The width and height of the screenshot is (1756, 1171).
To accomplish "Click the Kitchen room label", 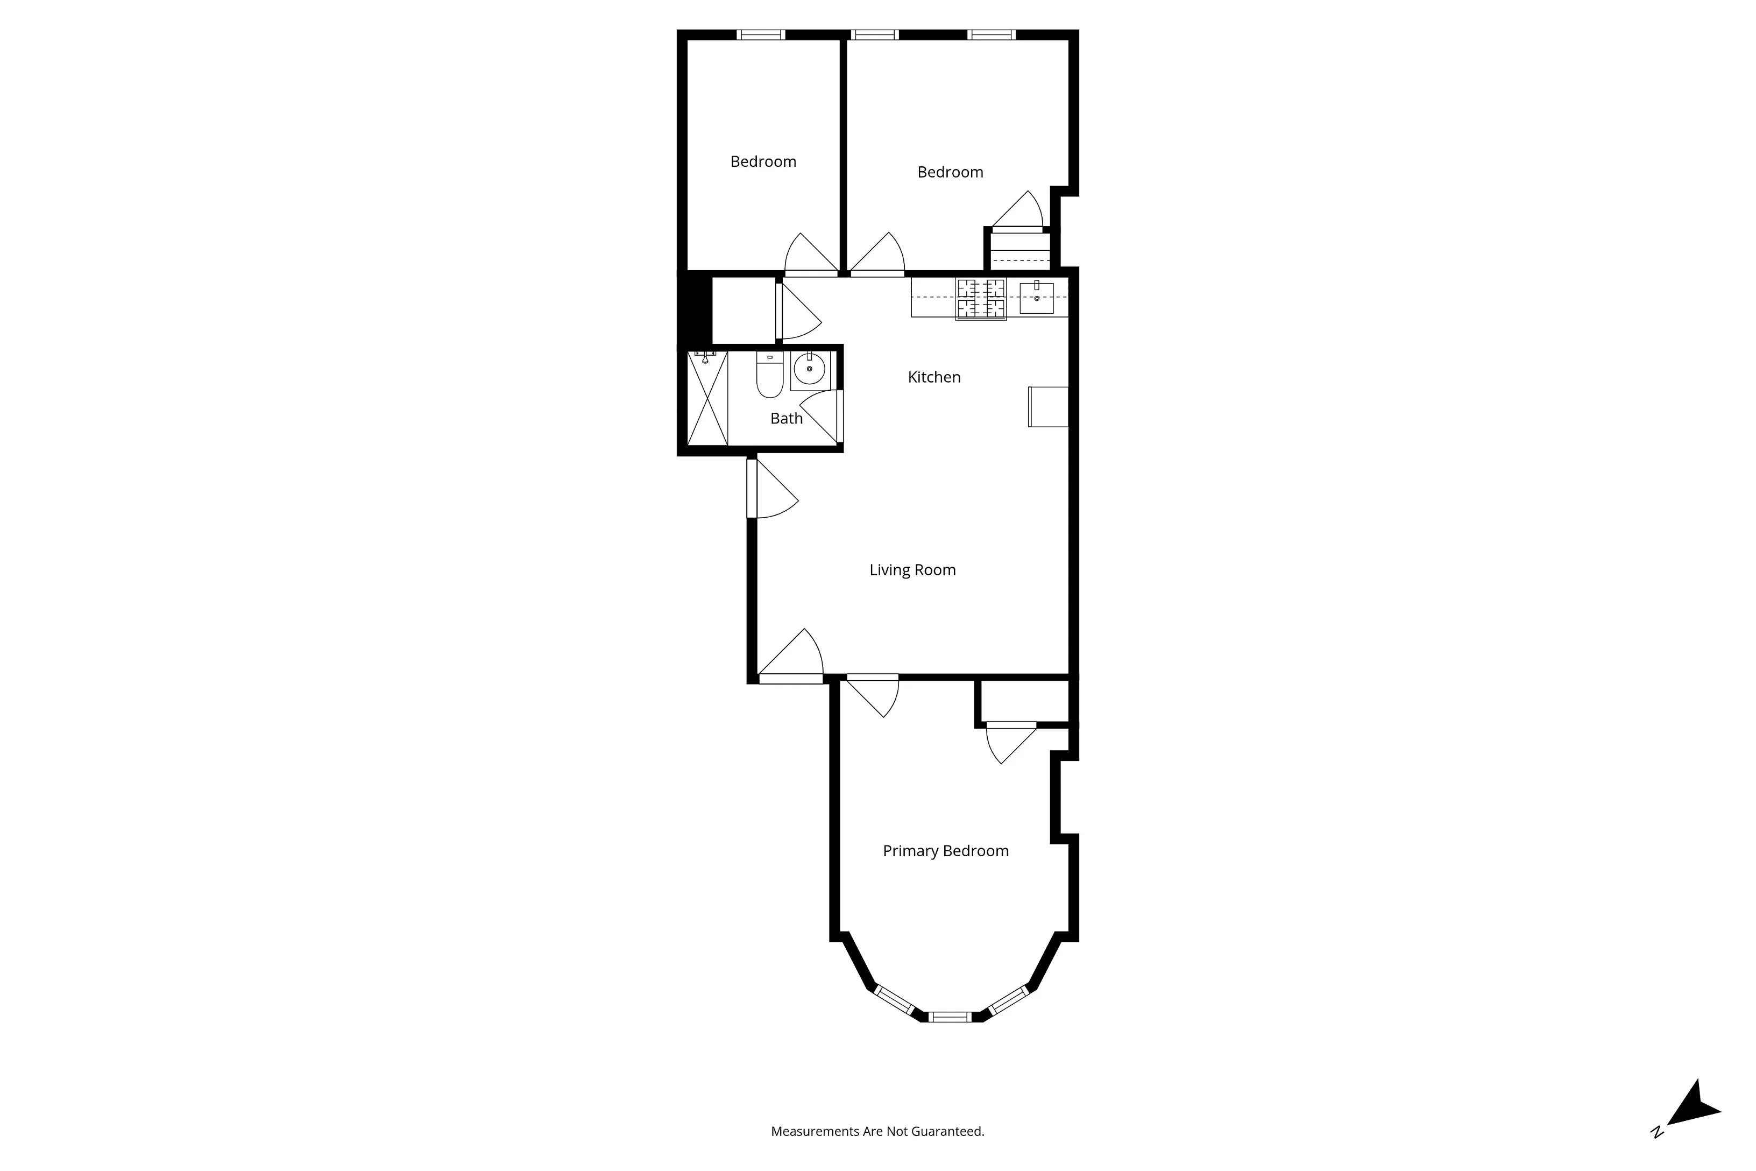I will (x=933, y=377).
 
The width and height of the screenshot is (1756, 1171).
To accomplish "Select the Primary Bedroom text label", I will (x=945, y=851).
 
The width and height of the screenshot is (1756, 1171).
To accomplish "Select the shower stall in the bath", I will (x=707, y=399).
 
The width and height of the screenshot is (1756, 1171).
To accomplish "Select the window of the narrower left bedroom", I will (x=761, y=34).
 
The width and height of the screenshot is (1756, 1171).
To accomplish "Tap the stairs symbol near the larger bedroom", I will (x=1020, y=250).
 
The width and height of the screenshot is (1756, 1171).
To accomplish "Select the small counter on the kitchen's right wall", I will (x=1048, y=407).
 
